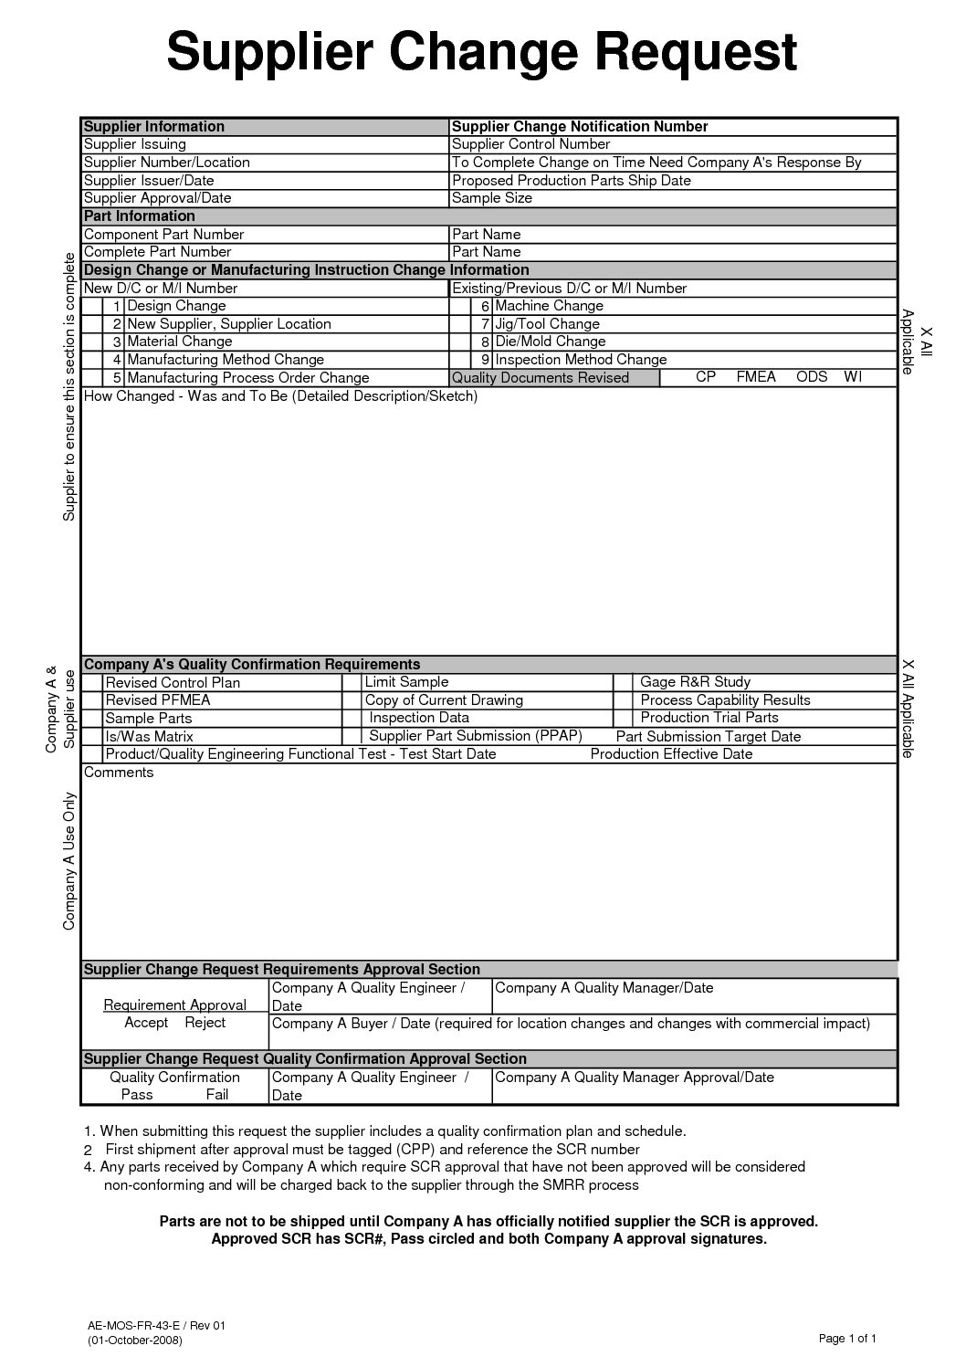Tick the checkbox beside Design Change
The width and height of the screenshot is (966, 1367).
91,306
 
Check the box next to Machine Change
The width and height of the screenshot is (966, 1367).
460,306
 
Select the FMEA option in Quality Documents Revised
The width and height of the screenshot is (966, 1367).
755,377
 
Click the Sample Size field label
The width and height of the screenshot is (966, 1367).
492,198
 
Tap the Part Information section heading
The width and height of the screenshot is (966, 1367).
139,216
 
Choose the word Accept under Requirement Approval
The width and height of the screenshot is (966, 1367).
146,1023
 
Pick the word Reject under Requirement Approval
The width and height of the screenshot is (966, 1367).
205,1023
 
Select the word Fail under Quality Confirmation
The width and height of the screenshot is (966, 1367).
217,1094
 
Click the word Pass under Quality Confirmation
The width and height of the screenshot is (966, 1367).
137,1094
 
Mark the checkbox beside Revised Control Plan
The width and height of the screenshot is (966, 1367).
92,682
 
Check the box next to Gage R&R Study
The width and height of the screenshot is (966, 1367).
623,682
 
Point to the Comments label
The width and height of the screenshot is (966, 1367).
119,773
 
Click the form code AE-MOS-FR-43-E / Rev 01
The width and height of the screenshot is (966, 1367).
156,1324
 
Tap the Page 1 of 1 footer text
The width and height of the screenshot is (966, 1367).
847,1340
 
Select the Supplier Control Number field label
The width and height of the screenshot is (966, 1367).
531,144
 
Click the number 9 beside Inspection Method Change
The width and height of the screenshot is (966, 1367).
487,360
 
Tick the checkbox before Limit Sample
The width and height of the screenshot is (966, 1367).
352,682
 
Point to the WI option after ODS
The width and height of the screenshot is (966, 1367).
853,377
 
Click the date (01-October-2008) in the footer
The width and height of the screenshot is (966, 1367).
135,1341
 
